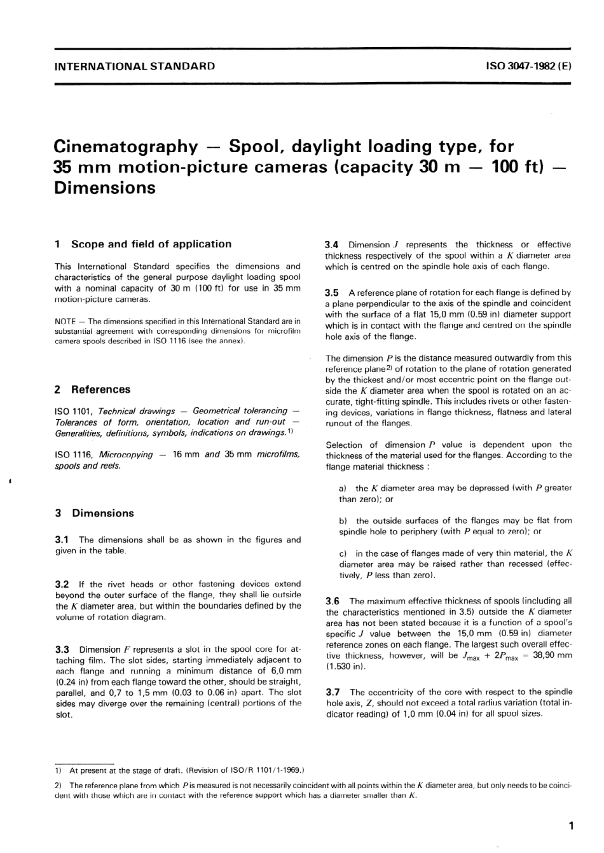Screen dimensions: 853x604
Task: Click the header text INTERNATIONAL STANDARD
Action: [x=135, y=66]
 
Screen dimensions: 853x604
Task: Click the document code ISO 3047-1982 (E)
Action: [x=528, y=66]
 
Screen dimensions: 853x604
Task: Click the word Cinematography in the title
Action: [x=126, y=147]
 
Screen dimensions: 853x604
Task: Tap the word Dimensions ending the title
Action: [x=105, y=188]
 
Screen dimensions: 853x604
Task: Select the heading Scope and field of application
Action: [x=151, y=244]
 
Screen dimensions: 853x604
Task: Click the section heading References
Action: [x=100, y=389]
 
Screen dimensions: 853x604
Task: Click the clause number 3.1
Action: [x=62, y=539]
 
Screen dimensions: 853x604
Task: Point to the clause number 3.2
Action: [x=62, y=584]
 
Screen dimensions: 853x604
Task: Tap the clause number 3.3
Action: [x=62, y=649]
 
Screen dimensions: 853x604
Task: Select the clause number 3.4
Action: [x=332, y=244]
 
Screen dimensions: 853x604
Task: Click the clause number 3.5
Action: [x=332, y=293]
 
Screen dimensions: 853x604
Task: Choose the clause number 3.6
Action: [x=332, y=600]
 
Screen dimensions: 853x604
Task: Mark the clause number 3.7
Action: [x=332, y=691]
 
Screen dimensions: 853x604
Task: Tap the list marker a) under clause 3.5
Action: [x=343, y=488]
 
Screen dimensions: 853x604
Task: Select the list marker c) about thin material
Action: [x=343, y=553]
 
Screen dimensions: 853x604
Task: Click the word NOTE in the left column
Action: [x=65, y=321]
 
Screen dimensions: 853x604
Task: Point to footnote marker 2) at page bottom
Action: [x=58, y=786]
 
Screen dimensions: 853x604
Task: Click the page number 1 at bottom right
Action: [x=571, y=826]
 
